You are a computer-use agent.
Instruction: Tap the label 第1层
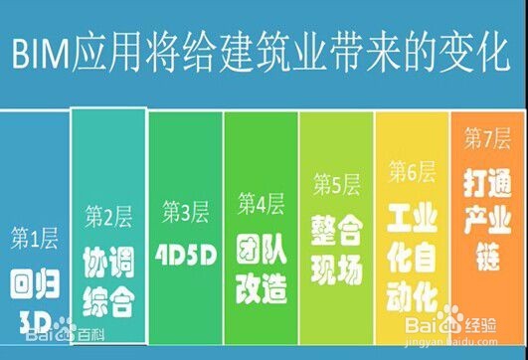click(x=34, y=238)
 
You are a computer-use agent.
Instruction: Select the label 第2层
click(x=108, y=216)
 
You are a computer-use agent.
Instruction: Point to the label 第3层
click(x=185, y=212)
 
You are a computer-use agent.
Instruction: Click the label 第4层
click(x=261, y=205)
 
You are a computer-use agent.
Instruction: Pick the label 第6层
click(x=411, y=171)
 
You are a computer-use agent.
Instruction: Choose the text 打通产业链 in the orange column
click(x=486, y=202)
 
